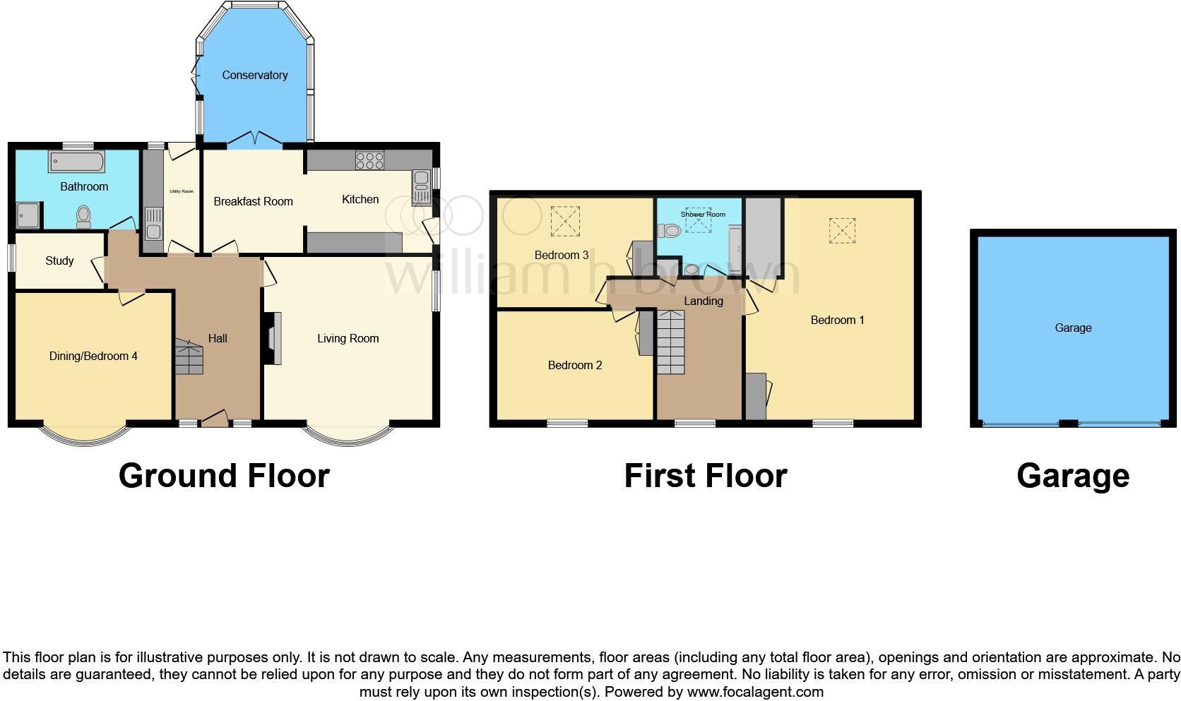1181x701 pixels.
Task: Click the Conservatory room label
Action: [254, 75]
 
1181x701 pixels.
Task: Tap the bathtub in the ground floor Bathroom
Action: [76, 162]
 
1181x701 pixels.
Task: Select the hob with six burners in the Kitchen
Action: [369, 160]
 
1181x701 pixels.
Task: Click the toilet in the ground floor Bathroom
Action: [83, 216]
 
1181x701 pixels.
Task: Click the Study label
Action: [59, 260]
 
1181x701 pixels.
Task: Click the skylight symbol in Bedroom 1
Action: [841, 231]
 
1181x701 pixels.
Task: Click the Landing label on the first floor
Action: [703, 301]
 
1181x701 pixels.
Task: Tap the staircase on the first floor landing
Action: [671, 342]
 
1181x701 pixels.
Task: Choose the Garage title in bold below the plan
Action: [1072, 476]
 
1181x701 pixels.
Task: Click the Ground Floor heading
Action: [224, 476]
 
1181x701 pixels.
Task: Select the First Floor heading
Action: [705, 476]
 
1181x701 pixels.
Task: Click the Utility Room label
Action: [181, 191]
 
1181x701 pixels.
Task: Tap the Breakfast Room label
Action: [253, 201]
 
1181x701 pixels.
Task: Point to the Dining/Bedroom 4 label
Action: [93, 356]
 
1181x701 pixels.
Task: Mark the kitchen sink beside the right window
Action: [421, 186]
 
